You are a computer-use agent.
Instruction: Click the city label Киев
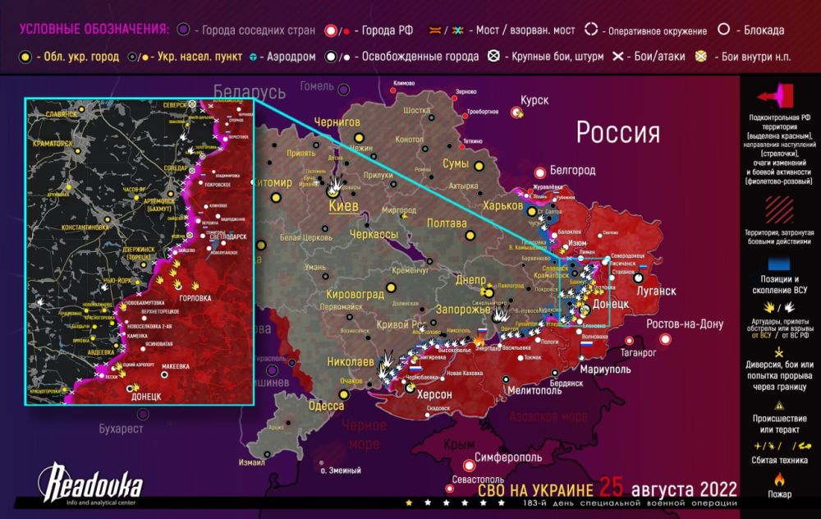tap(342, 206)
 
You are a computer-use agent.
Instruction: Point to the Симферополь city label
tap(507, 456)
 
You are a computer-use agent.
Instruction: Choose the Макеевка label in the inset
tap(182, 366)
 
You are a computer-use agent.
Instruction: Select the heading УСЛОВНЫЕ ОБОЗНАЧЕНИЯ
tap(94, 30)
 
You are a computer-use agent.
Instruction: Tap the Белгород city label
tap(573, 170)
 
